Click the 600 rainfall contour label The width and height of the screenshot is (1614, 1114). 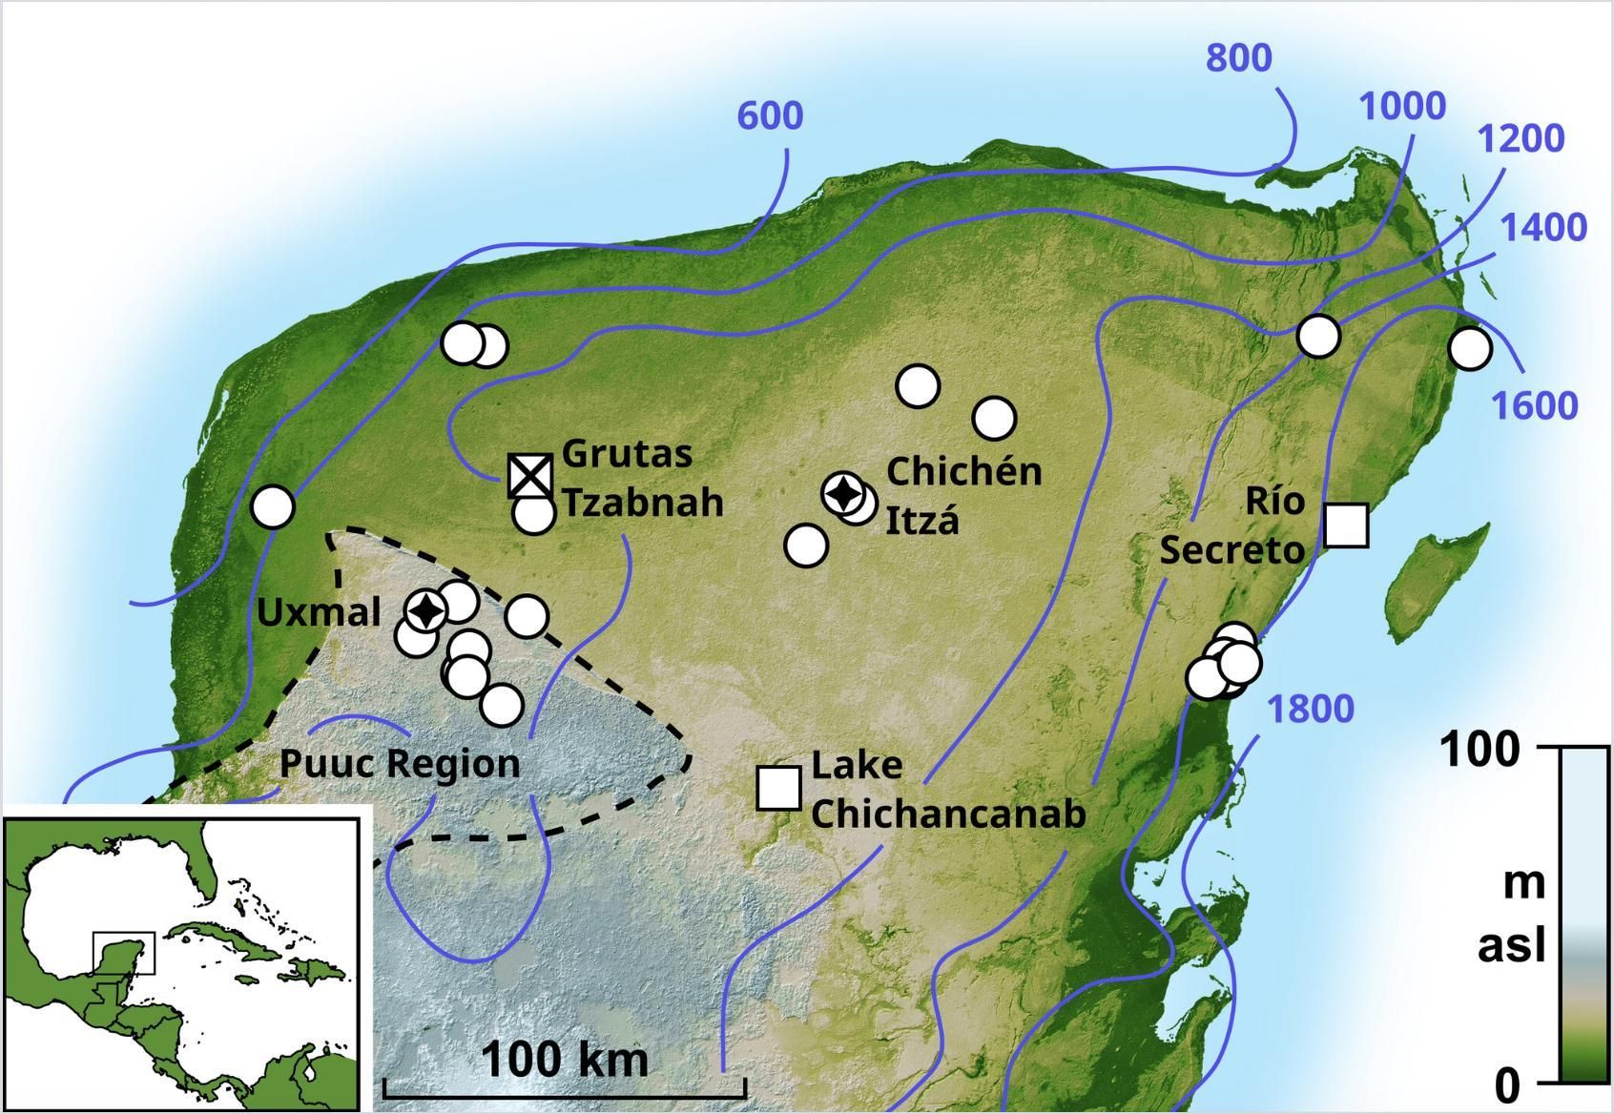point(770,115)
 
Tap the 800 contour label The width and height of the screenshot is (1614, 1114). point(1238,58)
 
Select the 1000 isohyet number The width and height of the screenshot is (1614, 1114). point(1401,106)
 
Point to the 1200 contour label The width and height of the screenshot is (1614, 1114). point(1521,139)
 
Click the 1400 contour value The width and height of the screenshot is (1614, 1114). point(1543,228)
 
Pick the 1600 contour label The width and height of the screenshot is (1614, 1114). point(1534,405)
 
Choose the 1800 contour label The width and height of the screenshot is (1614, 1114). point(1310,710)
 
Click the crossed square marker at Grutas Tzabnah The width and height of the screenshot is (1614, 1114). point(530,475)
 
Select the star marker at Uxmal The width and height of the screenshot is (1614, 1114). point(425,609)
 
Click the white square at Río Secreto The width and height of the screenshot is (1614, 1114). point(1347,526)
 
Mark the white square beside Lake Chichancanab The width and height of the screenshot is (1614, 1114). point(778,788)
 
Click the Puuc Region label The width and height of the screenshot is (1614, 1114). point(400,764)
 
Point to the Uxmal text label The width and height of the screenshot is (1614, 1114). point(319,612)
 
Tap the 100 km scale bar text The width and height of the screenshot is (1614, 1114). point(565,1059)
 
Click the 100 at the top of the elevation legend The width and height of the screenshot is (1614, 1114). point(1479,750)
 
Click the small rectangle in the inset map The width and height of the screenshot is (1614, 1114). point(123,953)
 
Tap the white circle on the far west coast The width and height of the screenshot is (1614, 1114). point(273,506)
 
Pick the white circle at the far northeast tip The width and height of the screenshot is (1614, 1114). point(1469,348)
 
